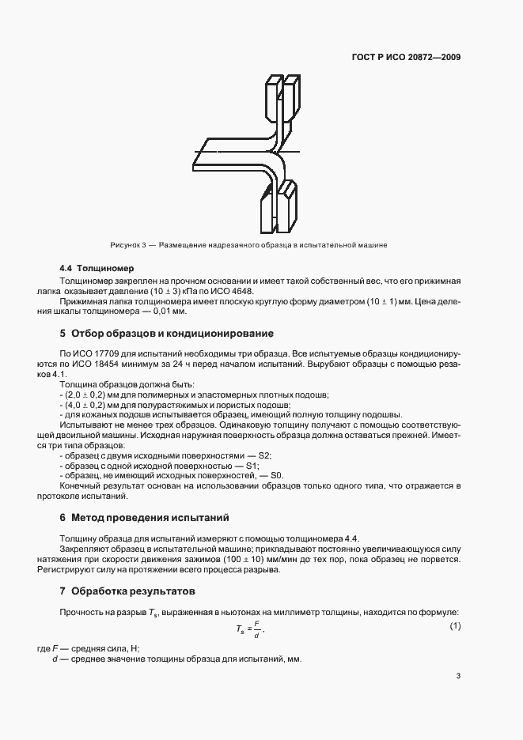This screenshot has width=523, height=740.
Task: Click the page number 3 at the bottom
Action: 459,676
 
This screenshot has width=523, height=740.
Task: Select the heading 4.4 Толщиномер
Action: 97,269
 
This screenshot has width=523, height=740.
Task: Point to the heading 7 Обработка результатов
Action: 127,591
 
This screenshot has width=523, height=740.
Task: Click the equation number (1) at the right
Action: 455,627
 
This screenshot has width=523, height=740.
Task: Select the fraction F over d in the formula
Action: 267,629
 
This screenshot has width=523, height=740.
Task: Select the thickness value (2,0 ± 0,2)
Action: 90,394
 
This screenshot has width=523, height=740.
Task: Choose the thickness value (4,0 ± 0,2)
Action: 90,404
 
